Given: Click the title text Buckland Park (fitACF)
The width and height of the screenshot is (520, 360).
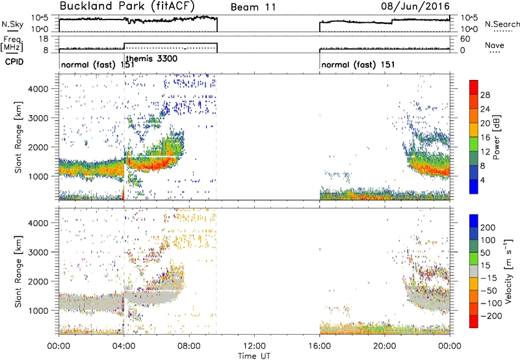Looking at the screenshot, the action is click(127, 6).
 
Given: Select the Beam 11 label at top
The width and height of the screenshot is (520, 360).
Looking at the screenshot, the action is click(253, 7).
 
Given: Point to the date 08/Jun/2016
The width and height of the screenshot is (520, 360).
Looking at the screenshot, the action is click(415, 6).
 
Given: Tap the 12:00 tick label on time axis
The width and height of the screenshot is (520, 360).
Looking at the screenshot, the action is click(255, 346).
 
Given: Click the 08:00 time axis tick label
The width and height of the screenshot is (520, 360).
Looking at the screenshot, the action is click(189, 346).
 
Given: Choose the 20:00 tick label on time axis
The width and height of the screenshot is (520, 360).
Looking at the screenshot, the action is click(385, 346).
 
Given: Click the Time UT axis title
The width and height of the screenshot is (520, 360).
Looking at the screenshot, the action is click(254, 356).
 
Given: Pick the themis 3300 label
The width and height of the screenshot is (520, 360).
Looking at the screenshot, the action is click(152, 59).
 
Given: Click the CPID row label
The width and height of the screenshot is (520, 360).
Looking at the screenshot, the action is click(14, 62).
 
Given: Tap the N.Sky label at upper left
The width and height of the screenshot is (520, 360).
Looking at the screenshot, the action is click(12, 24).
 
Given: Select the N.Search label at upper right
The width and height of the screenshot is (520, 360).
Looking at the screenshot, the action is click(502, 24).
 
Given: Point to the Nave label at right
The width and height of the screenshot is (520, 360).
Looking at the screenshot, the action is click(495, 45).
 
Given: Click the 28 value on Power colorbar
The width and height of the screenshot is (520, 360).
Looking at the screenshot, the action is click(485, 96).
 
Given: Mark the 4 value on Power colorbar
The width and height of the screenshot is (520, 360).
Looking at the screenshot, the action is click(482, 181).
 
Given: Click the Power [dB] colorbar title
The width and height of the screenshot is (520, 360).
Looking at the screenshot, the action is click(497, 137).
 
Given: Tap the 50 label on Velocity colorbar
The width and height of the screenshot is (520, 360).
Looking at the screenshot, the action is click(485, 253).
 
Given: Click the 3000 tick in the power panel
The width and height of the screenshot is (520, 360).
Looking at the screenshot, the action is click(38, 118).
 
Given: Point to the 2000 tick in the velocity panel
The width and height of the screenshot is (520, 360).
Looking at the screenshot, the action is click(38, 281).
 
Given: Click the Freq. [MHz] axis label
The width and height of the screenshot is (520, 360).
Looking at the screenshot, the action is click(12, 44).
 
